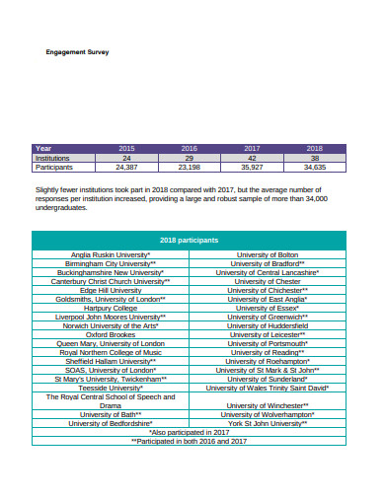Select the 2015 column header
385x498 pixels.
point(125,148)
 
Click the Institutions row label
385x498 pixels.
point(52,158)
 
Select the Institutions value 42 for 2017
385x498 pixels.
point(252,158)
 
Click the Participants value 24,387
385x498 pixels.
point(125,167)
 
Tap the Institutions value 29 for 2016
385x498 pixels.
point(189,158)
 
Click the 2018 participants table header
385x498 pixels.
point(189,240)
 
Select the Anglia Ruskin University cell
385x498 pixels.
point(110,255)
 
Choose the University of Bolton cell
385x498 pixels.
point(268,255)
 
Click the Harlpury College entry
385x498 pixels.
point(110,308)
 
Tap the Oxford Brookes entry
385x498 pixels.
point(110,334)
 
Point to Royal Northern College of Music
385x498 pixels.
point(110,352)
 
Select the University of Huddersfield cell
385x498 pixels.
point(268,325)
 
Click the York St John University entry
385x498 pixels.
point(268,423)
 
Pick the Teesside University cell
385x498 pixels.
point(110,388)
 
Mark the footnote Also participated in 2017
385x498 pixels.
point(189,432)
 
